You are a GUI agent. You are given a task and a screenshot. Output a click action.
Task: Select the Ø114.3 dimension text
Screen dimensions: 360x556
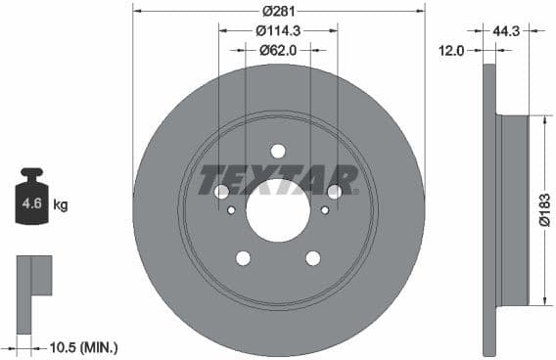coord(278,30)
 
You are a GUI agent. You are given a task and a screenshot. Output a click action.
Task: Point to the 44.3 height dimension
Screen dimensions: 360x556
coord(505,31)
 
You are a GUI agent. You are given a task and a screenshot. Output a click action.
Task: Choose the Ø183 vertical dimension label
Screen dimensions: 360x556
coord(544,207)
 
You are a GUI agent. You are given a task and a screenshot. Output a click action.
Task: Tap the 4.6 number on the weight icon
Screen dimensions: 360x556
coord(31,204)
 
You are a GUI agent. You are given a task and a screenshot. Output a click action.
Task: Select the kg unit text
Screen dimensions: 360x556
coord(61,205)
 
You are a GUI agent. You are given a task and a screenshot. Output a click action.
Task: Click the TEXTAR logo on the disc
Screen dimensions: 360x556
coord(278,180)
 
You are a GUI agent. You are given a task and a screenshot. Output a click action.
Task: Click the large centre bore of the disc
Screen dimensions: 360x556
coord(278,210)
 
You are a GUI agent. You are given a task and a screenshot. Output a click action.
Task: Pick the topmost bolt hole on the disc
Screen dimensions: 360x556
coord(278,151)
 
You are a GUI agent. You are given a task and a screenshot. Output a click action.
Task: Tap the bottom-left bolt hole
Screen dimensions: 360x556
coord(243,258)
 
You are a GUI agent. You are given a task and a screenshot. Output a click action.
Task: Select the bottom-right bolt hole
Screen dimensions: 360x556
coord(313,258)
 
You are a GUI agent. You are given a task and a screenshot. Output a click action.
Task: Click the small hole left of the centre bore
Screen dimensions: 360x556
coord(231,209)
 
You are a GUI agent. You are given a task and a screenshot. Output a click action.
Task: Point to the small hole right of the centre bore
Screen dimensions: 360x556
coord(325,209)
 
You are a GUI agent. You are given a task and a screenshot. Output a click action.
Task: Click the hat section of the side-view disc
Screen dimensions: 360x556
coord(513,207)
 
